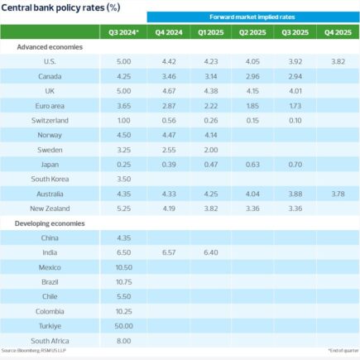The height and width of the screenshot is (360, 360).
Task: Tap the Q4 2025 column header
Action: click(x=335, y=32)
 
